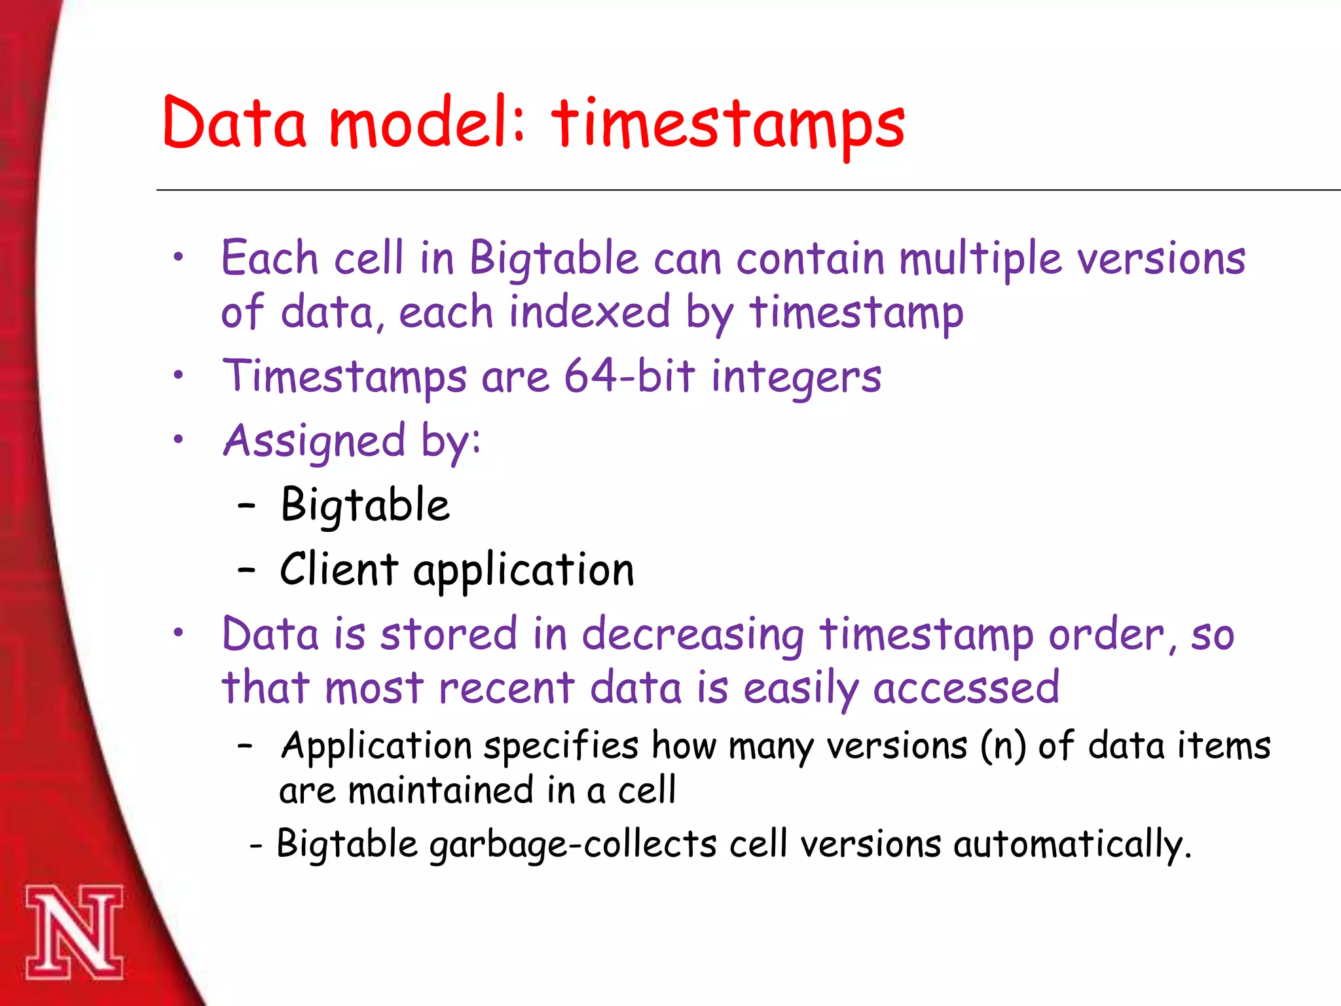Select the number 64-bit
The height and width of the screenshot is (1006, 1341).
point(629,376)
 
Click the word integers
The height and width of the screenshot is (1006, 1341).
point(796,379)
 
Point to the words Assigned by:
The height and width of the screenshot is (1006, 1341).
point(352,441)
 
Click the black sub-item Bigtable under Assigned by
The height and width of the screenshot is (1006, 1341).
point(365,505)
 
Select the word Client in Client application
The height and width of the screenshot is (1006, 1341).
point(339,568)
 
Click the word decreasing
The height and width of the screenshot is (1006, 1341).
point(693,635)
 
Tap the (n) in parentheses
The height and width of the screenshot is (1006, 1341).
point(1003,746)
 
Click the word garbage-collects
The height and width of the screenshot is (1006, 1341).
point(573,844)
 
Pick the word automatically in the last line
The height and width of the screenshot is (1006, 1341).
point(1072,844)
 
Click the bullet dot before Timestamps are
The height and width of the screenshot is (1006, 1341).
point(178,375)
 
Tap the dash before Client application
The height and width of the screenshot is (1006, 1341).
point(246,569)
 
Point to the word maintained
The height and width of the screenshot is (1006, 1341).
point(441,791)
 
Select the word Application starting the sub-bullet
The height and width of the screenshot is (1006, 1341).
point(377,746)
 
